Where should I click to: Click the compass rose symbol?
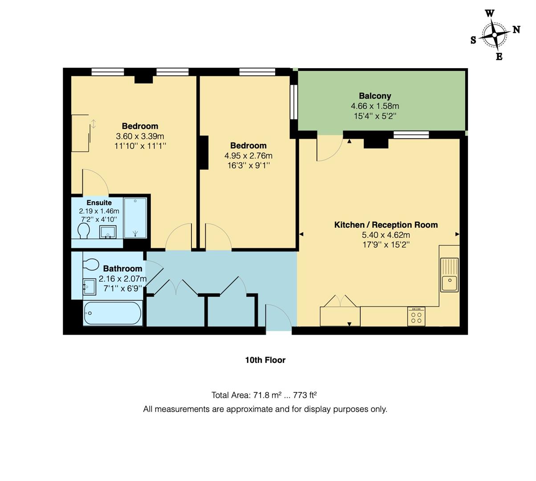click(x=495, y=35)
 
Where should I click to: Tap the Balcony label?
click(x=375, y=96)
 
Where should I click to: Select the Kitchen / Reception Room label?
click(x=386, y=225)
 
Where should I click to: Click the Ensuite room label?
click(x=99, y=203)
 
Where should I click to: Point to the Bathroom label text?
click(x=122, y=269)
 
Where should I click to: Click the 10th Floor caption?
click(x=265, y=360)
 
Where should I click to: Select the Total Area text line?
click(x=264, y=395)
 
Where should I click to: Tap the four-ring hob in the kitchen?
click(x=416, y=317)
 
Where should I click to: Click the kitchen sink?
click(x=449, y=275)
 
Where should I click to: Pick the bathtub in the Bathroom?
click(x=113, y=313)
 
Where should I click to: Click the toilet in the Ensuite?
click(x=83, y=231)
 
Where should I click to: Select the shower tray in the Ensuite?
click(x=135, y=218)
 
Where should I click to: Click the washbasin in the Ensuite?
click(x=107, y=232)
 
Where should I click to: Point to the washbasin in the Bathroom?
click(x=89, y=286)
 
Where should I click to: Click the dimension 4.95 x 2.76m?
click(x=248, y=156)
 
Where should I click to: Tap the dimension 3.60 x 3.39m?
click(x=140, y=136)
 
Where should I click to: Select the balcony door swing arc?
click(x=330, y=148)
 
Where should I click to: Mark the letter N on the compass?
click(x=516, y=30)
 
